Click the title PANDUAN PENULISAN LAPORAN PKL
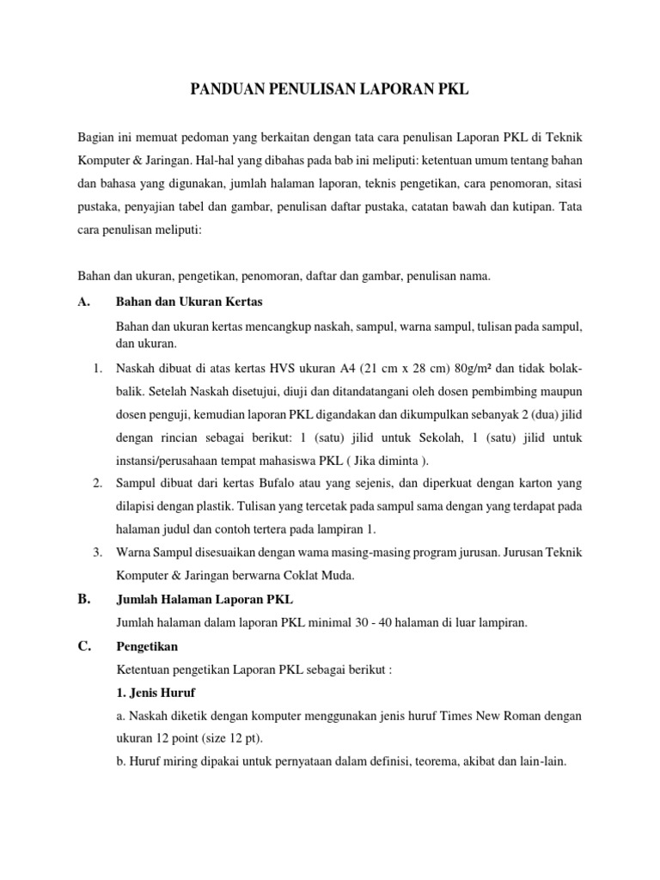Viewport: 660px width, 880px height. (329, 90)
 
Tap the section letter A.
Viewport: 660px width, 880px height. (83, 302)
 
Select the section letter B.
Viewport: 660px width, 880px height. (83, 600)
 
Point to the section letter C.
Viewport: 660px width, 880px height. (83, 648)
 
